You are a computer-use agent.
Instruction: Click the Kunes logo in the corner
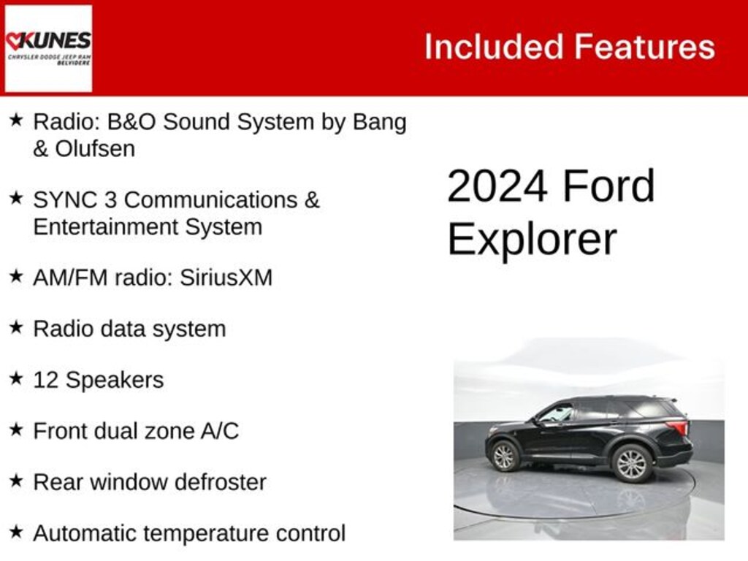(x=48, y=48)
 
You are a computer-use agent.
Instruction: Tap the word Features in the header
(x=644, y=47)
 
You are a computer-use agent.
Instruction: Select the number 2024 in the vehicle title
(x=497, y=186)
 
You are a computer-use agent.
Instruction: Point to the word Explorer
(x=532, y=239)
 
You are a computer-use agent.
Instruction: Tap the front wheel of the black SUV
(x=503, y=457)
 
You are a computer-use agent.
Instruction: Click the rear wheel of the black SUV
(x=631, y=463)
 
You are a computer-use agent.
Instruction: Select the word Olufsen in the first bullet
(x=95, y=149)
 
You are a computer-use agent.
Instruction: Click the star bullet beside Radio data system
(x=16, y=327)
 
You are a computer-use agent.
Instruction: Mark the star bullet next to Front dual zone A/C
(x=16, y=430)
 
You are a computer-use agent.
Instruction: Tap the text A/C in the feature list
(x=219, y=431)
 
